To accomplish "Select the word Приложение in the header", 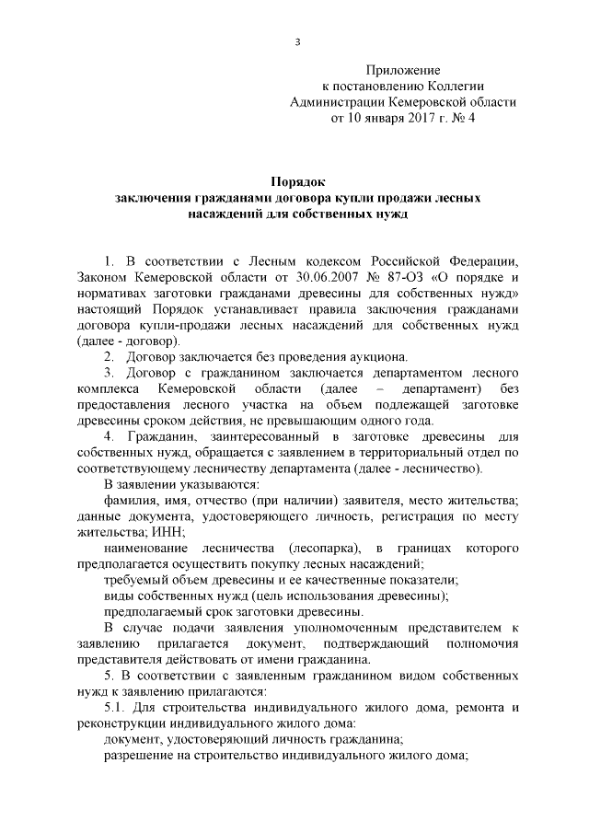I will pyautogui.click(x=404, y=70).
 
